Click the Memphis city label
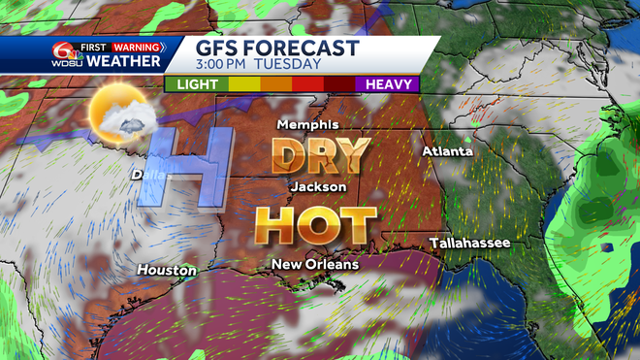307,125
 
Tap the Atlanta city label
447,151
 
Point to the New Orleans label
314,264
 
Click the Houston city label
166,269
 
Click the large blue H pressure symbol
181,165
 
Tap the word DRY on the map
321,154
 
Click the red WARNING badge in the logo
138,46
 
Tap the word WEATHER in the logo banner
123,62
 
